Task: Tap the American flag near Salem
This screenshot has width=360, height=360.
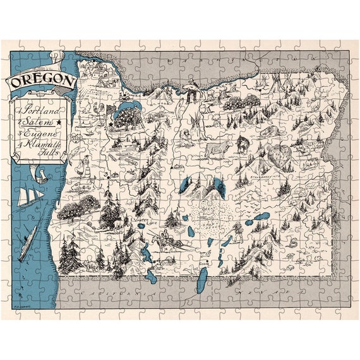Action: click(x=112, y=111)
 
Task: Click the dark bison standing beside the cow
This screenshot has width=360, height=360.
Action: click(x=243, y=145)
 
